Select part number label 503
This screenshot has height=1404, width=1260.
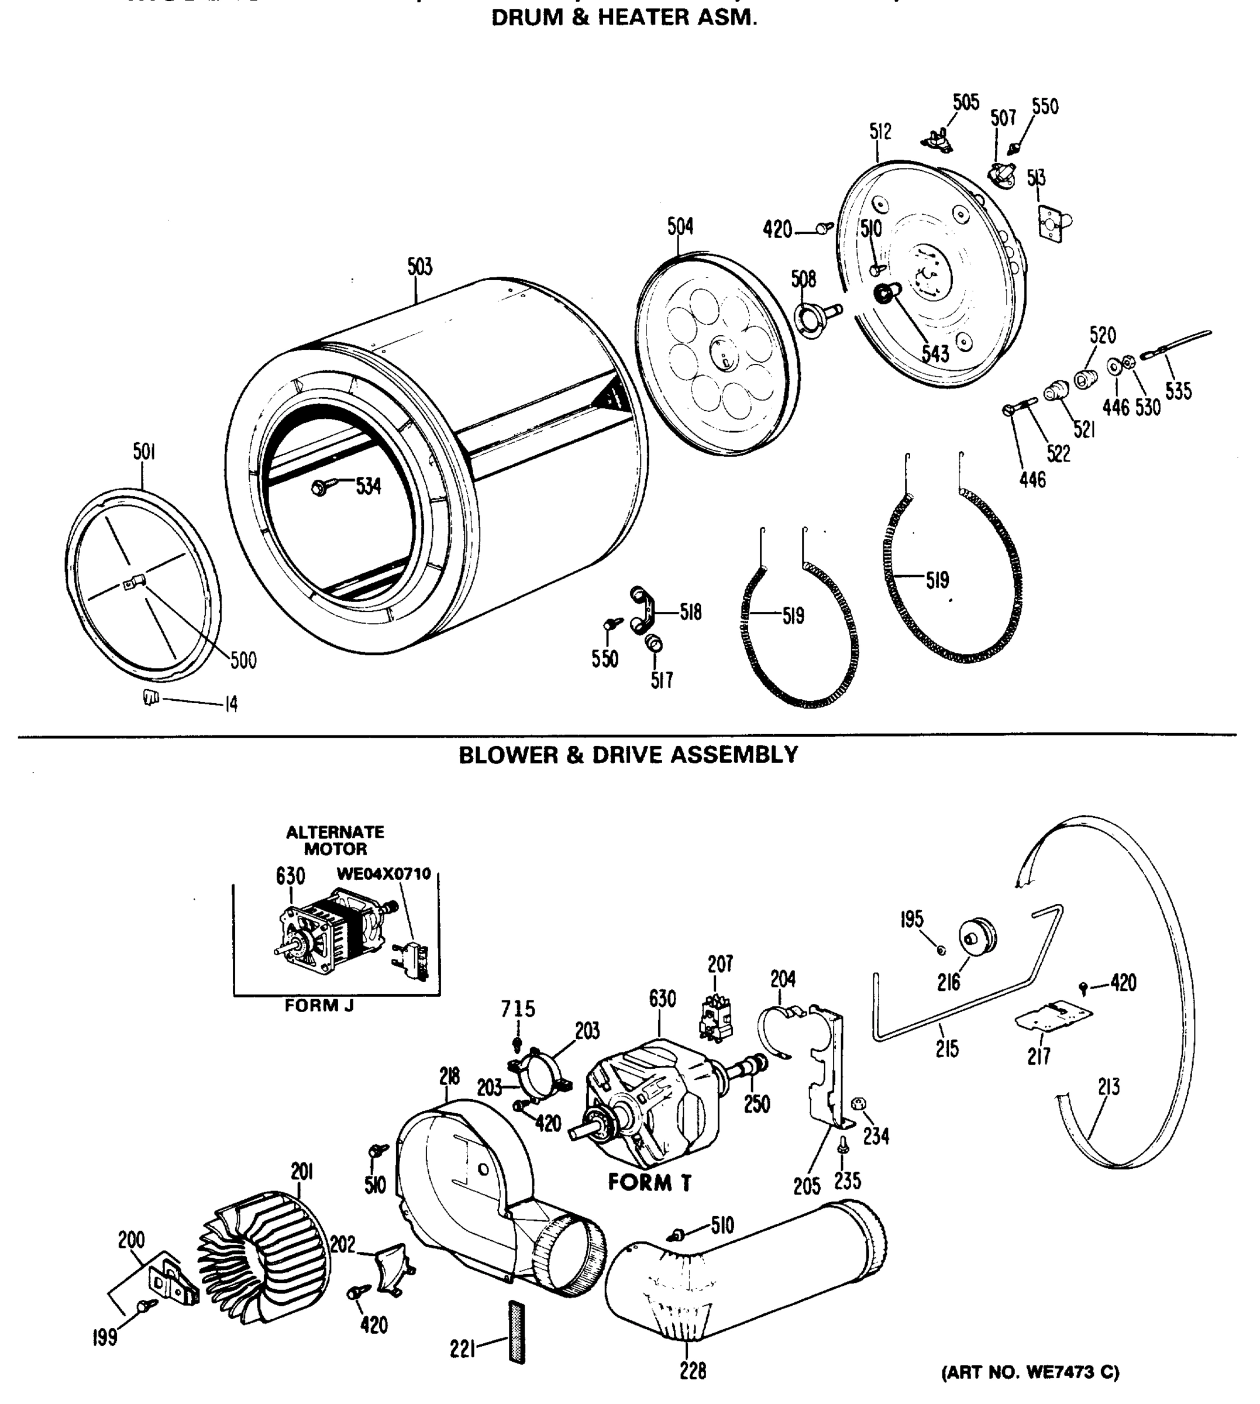click(419, 267)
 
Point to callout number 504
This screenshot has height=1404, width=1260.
click(680, 226)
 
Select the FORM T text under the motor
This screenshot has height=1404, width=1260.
click(649, 1182)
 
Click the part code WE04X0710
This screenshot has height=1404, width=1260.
click(384, 873)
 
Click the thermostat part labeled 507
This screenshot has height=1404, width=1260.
click(1000, 174)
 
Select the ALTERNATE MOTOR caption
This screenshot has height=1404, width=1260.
click(335, 840)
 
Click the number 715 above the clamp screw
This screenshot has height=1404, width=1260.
click(518, 1009)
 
